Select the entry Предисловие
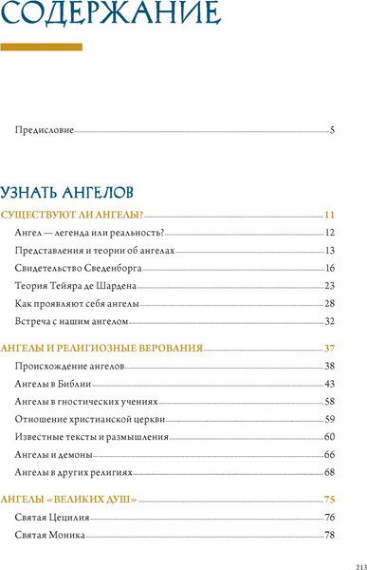pos(46,129)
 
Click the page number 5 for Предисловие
pos(332,129)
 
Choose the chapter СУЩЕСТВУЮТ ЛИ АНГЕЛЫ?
pos(72,215)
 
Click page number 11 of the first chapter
pos(330,215)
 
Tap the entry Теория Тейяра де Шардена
pos(77,285)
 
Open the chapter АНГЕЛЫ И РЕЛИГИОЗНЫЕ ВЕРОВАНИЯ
pos(101,348)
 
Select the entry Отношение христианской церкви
pos(85,419)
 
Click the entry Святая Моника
pos(51,535)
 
